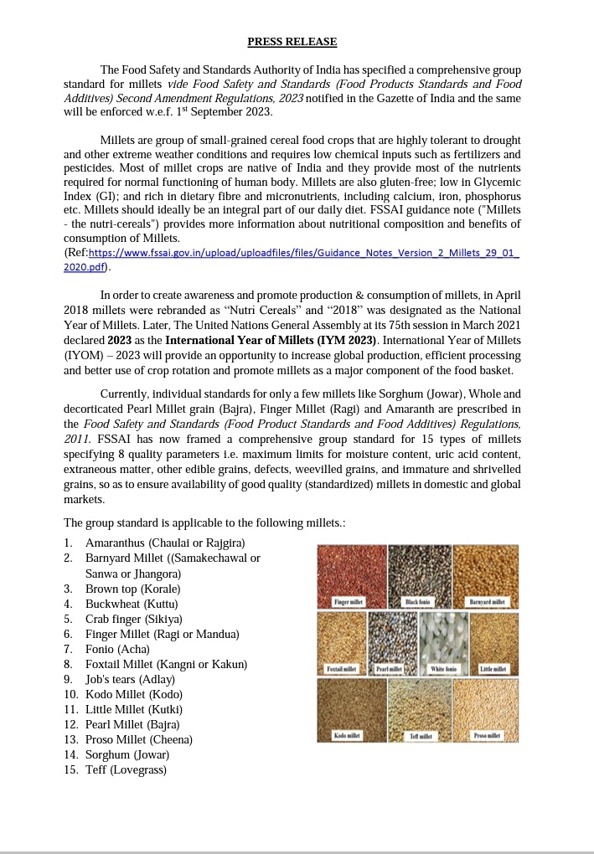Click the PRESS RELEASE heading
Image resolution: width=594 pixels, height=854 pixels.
coord(292,41)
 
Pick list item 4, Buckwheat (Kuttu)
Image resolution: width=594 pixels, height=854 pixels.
coord(132,604)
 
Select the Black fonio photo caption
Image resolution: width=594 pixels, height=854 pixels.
coord(417,602)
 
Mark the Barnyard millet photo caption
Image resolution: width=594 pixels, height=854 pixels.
coord(486,602)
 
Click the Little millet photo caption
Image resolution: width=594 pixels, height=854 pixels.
coord(493,668)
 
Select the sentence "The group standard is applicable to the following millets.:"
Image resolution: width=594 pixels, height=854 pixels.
coord(204,523)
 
